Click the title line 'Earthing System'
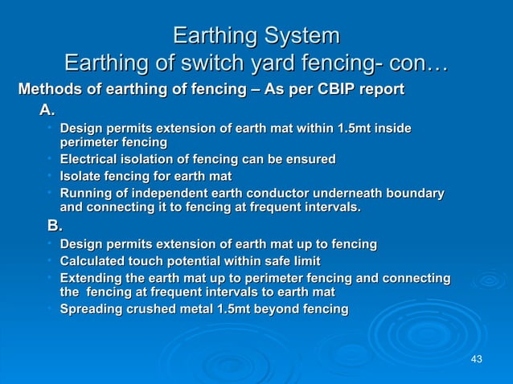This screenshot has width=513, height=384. coord(256,36)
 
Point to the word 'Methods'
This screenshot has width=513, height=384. coord(47,88)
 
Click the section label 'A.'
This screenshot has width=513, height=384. coord(47,109)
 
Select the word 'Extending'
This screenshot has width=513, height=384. coord(92,278)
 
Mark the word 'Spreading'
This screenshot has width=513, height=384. coord(92,309)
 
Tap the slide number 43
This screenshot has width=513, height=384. coord(477,358)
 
